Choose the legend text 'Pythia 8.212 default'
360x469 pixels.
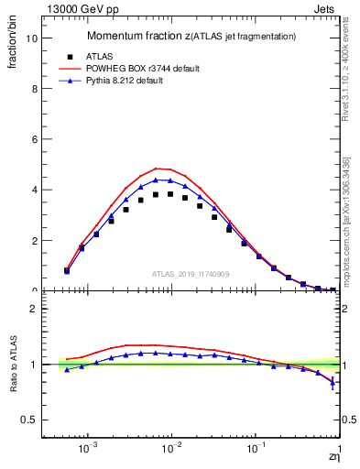click(x=130, y=81)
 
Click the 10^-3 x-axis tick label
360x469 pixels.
click(x=88, y=451)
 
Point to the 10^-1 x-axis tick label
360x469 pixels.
click(x=256, y=451)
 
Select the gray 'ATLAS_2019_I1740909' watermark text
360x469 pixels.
click(x=191, y=273)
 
